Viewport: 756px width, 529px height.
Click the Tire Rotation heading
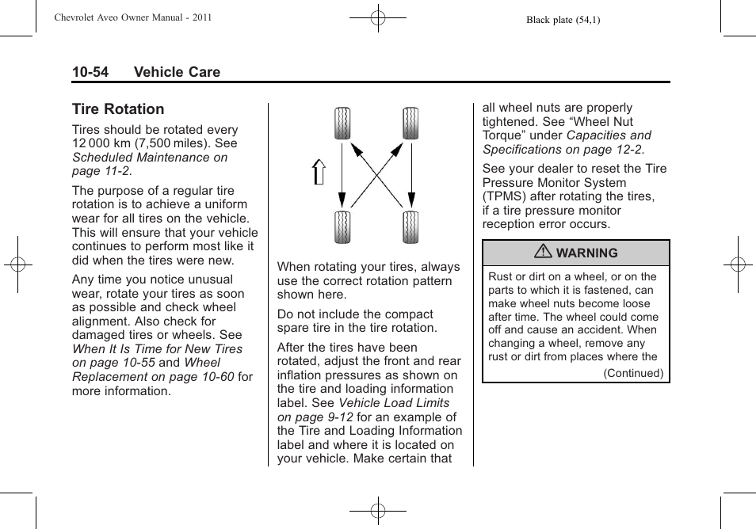pos(118,109)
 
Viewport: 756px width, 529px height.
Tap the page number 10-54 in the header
pos(90,72)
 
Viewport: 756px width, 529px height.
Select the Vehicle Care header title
pos(177,72)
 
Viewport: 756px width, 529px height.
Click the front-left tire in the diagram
pos(342,123)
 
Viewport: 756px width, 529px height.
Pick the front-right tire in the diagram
pos(410,123)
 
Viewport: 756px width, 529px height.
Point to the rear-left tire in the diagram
pos(342,227)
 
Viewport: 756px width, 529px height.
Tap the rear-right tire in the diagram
pos(410,227)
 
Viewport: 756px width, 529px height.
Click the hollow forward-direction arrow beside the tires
pos(319,172)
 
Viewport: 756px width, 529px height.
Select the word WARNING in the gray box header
pos(586,253)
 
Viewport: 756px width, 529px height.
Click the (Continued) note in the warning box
pos(633,373)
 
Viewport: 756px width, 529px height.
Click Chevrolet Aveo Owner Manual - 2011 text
pos(133,17)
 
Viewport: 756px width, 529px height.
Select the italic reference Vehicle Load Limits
pos(394,403)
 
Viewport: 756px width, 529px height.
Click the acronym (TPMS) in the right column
pos(509,196)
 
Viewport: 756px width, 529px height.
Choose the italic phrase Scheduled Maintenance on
pos(150,158)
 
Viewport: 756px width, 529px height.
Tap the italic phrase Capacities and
pos(609,135)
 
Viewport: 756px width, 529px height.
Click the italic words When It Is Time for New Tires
pos(157,348)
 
